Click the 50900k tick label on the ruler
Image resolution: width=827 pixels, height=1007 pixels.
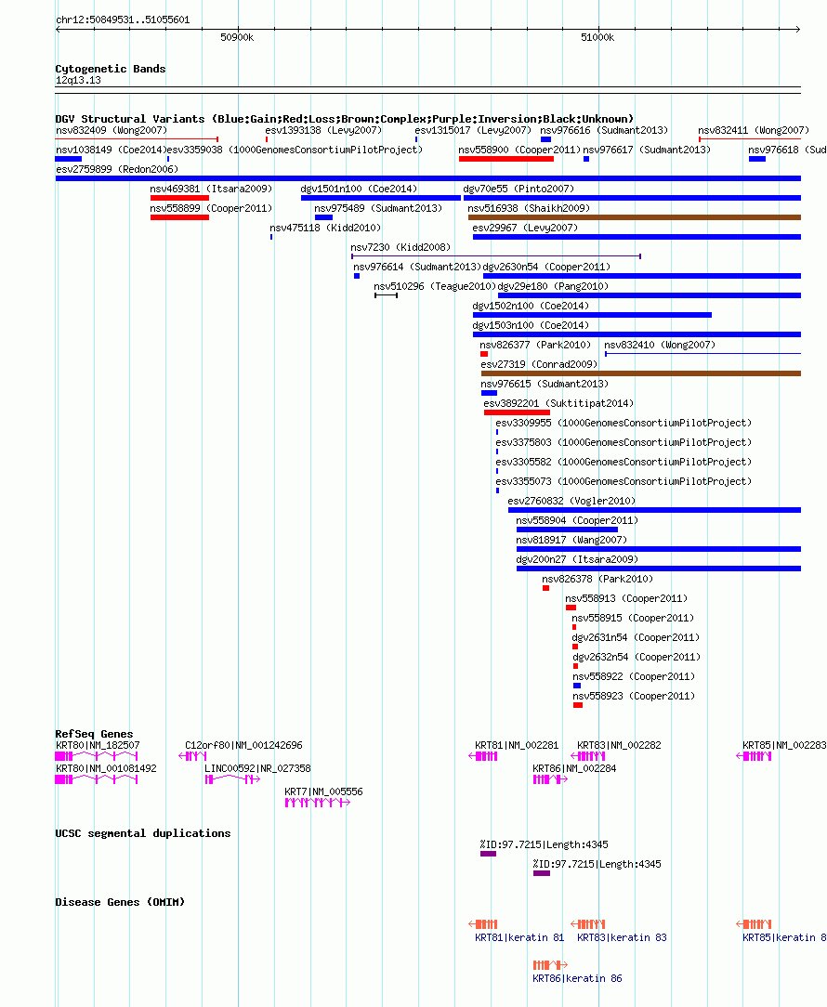[x=237, y=37]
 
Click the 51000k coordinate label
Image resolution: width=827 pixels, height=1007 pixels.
[x=597, y=37]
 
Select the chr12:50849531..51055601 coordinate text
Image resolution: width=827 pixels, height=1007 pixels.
[x=123, y=20]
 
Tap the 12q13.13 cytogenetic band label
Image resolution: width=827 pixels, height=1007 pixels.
[x=78, y=80]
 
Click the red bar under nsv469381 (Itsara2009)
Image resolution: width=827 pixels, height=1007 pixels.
[x=179, y=198]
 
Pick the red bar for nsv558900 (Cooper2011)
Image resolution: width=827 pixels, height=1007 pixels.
[x=505, y=159]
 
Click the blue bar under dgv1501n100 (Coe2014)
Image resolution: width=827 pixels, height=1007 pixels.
[x=380, y=198]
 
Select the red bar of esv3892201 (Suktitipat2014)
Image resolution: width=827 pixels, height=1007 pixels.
[x=517, y=412]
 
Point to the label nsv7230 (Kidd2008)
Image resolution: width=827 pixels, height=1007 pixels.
[x=400, y=247]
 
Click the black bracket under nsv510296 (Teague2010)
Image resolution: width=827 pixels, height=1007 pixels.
[x=387, y=295]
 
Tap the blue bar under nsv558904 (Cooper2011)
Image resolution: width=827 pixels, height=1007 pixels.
[x=567, y=530]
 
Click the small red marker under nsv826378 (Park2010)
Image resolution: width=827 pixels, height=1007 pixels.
[x=545, y=588]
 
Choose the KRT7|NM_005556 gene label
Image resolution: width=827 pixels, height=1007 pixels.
[x=324, y=791]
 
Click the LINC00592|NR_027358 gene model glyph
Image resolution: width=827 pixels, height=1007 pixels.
[x=232, y=779]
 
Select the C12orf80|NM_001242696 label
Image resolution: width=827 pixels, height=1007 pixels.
[x=243, y=745]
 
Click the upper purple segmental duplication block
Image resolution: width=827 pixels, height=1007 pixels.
[x=489, y=854]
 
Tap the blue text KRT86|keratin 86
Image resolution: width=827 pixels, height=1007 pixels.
[x=577, y=978]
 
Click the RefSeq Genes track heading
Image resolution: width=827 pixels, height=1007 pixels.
[x=94, y=733]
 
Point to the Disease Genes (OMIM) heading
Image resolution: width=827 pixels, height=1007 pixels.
[x=120, y=902]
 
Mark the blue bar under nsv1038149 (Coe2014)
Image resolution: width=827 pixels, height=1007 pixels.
[x=69, y=159]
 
